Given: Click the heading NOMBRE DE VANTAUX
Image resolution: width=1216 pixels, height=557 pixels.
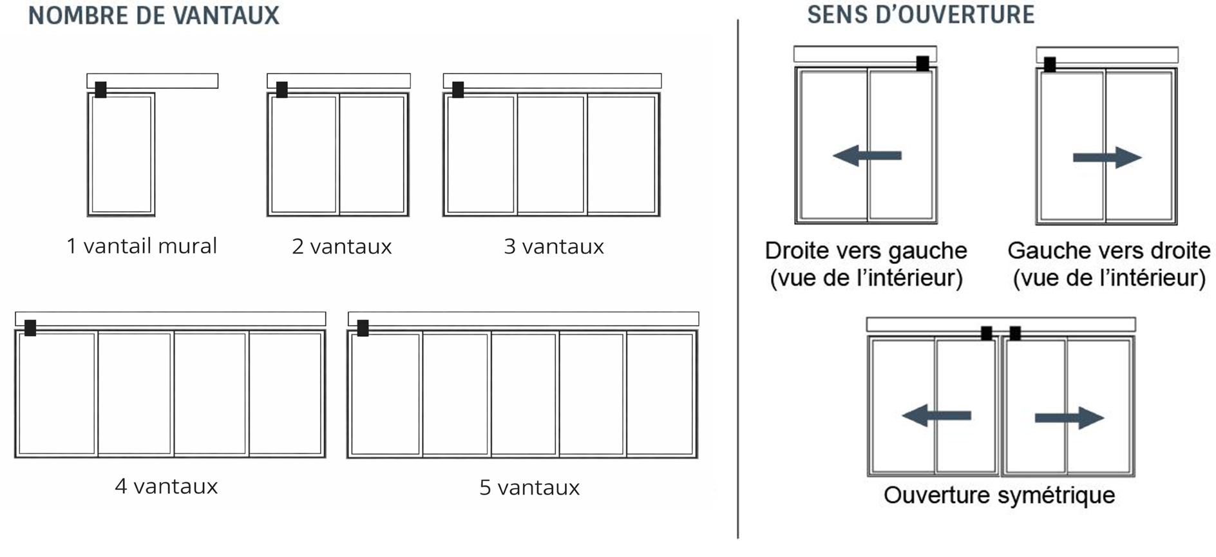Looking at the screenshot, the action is [x=154, y=15].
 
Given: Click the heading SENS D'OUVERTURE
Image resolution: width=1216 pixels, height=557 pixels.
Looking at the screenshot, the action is [x=921, y=14].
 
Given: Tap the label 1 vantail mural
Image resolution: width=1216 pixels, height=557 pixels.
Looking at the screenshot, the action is [x=142, y=246].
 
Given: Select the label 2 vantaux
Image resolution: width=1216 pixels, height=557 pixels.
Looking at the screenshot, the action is [x=342, y=247].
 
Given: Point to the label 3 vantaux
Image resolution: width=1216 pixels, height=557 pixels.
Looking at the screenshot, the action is [x=554, y=247].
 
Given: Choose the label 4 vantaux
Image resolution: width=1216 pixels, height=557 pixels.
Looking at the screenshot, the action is [x=166, y=486].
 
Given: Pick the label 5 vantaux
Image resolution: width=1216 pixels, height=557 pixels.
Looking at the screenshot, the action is [x=529, y=487].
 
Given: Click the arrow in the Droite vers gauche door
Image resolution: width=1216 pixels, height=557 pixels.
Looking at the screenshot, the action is [x=867, y=155].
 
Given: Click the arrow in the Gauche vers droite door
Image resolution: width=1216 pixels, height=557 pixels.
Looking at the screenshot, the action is [x=1107, y=157].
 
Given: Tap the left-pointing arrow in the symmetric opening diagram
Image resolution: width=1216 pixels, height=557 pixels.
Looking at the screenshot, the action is [x=936, y=415].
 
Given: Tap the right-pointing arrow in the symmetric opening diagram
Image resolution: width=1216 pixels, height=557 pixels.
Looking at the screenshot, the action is [x=1069, y=418].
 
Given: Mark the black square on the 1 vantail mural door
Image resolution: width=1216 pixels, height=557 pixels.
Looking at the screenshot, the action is [x=100, y=90].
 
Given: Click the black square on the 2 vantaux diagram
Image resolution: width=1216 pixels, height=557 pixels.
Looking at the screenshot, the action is [x=281, y=90].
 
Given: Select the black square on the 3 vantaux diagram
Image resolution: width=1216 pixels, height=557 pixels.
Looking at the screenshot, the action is [x=458, y=90].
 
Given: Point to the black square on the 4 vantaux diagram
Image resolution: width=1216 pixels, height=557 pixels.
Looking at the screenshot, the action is [x=30, y=328].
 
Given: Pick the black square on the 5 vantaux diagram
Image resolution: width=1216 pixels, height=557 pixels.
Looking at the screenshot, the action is [x=363, y=328].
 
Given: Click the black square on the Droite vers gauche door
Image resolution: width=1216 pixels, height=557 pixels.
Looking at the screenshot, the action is [x=922, y=63].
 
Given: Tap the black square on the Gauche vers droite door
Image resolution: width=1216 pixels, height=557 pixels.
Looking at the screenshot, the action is [x=1050, y=64].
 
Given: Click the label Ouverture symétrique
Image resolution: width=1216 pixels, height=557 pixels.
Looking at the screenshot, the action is [x=999, y=495].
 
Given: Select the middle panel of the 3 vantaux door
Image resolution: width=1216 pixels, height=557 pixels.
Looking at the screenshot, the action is [x=551, y=155].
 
